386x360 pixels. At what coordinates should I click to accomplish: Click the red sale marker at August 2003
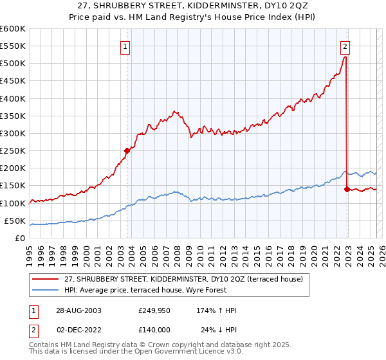(x=127, y=150)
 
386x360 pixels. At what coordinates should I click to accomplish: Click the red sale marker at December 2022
(x=347, y=189)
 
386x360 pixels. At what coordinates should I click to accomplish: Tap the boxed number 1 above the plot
(x=125, y=46)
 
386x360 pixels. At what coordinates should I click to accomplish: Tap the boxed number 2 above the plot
(x=345, y=46)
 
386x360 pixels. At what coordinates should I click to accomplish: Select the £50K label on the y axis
(x=15, y=221)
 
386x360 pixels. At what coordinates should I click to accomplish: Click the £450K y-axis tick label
(x=13, y=81)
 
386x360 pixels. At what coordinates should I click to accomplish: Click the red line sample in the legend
(x=46, y=278)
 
